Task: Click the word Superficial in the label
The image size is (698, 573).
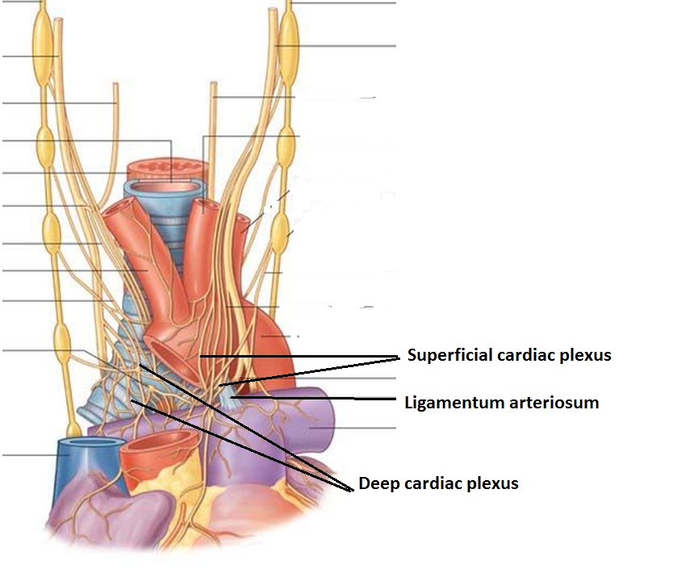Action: (x=445, y=355)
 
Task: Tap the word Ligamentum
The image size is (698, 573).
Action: (x=446, y=402)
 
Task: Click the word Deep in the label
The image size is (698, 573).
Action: (x=378, y=483)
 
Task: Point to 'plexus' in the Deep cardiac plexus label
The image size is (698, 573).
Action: (x=491, y=484)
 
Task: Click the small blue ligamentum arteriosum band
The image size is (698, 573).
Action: (x=229, y=392)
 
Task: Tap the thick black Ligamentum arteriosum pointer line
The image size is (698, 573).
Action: (x=323, y=398)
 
